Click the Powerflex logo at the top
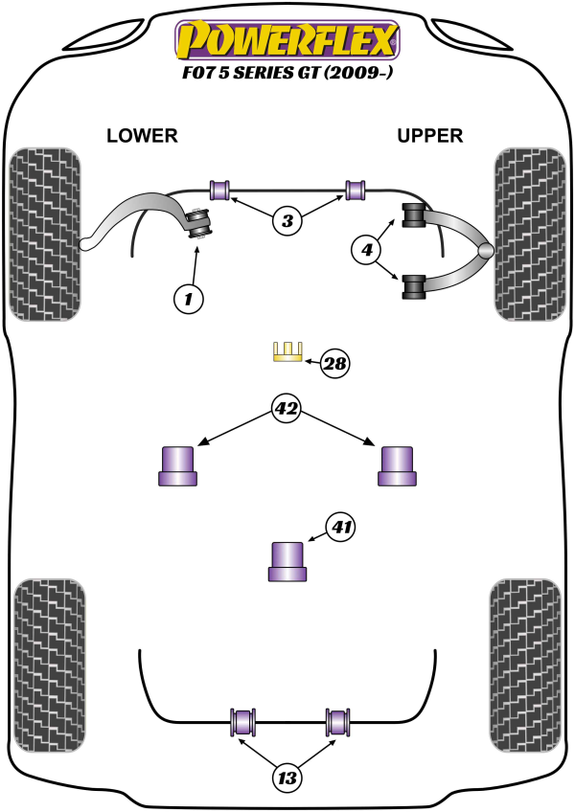285,40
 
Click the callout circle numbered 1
189,300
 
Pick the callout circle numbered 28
335,363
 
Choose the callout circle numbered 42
287,410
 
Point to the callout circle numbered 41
342,525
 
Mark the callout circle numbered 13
287,778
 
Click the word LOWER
142,136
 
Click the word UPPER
430,136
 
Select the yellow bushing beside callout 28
287,352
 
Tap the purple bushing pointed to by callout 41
287,561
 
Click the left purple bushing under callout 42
178,465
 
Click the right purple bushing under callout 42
398,465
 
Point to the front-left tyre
44,234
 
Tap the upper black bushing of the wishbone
414,216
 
